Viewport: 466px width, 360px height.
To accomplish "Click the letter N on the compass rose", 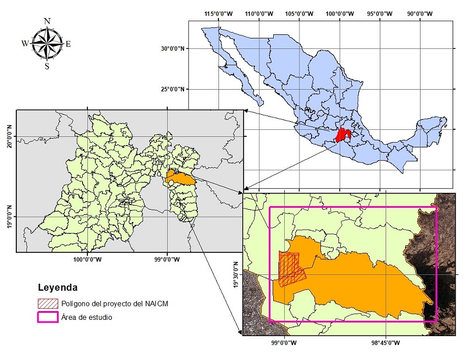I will click(47, 22).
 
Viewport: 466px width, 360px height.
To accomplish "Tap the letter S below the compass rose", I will click(47, 65).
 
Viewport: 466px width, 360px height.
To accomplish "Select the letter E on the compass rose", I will click(68, 44).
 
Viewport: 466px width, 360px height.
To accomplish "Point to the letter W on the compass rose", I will click(25, 44).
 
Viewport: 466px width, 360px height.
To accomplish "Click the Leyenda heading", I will click(57, 288).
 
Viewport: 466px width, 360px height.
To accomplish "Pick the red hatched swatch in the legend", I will click(47, 303).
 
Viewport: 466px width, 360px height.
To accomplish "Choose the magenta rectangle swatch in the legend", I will click(47, 317).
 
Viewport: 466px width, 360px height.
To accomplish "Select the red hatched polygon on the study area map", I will click(290, 269).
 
